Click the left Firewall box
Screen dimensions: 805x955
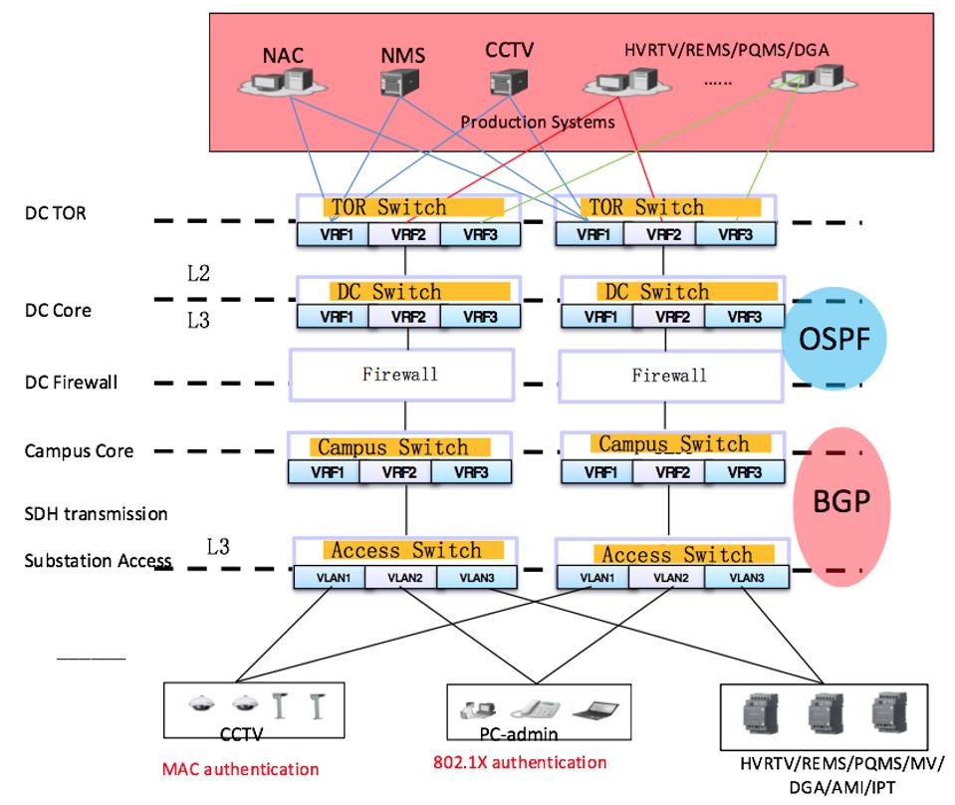400,375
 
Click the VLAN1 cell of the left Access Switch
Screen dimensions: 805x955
329,577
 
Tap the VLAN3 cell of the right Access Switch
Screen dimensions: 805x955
746,578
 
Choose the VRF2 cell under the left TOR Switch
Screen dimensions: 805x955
403,235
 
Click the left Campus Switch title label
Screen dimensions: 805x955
392,446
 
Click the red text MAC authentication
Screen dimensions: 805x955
241,769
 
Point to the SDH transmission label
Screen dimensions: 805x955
96,514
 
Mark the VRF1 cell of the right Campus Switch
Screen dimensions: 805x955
598,471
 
